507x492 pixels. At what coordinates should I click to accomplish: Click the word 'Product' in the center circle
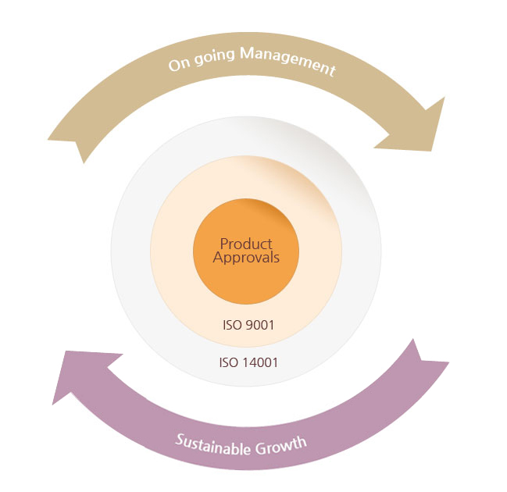pos(246,244)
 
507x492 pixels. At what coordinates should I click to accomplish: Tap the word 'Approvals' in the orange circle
pos(246,258)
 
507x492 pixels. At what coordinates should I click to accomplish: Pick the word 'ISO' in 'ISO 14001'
pos(227,362)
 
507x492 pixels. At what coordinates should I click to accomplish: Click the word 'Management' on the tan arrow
pos(287,62)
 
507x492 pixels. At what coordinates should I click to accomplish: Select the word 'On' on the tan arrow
pos(179,64)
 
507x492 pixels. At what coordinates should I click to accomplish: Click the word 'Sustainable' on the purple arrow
pos(212,444)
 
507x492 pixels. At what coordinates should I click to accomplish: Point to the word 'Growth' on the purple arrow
pos(280,445)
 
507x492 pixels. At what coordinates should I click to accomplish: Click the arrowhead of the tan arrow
pos(417,127)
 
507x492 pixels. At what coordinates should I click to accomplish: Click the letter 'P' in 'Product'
pos(224,244)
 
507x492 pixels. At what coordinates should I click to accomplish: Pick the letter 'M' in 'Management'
pos(247,53)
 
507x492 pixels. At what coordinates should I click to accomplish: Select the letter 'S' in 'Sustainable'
pos(180,439)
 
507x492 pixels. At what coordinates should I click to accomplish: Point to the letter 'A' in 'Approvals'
pos(219,258)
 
